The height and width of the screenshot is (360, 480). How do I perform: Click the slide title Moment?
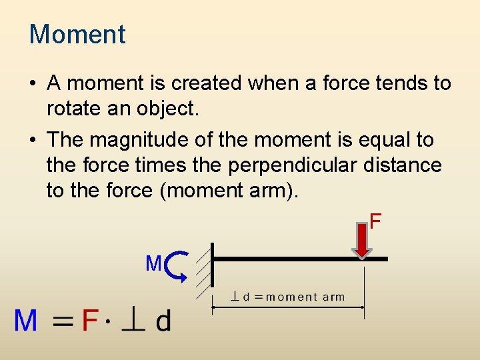pyautogui.click(x=77, y=35)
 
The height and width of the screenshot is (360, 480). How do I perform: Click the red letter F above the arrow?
pyautogui.click(x=375, y=221)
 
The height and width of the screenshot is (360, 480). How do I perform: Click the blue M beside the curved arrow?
pyautogui.click(x=153, y=264)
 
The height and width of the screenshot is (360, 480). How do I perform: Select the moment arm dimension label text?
pyautogui.click(x=288, y=297)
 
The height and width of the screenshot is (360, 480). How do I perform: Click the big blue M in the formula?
pyautogui.click(x=26, y=322)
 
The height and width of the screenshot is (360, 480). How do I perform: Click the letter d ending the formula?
pyautogui.click(x=163, y=321)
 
